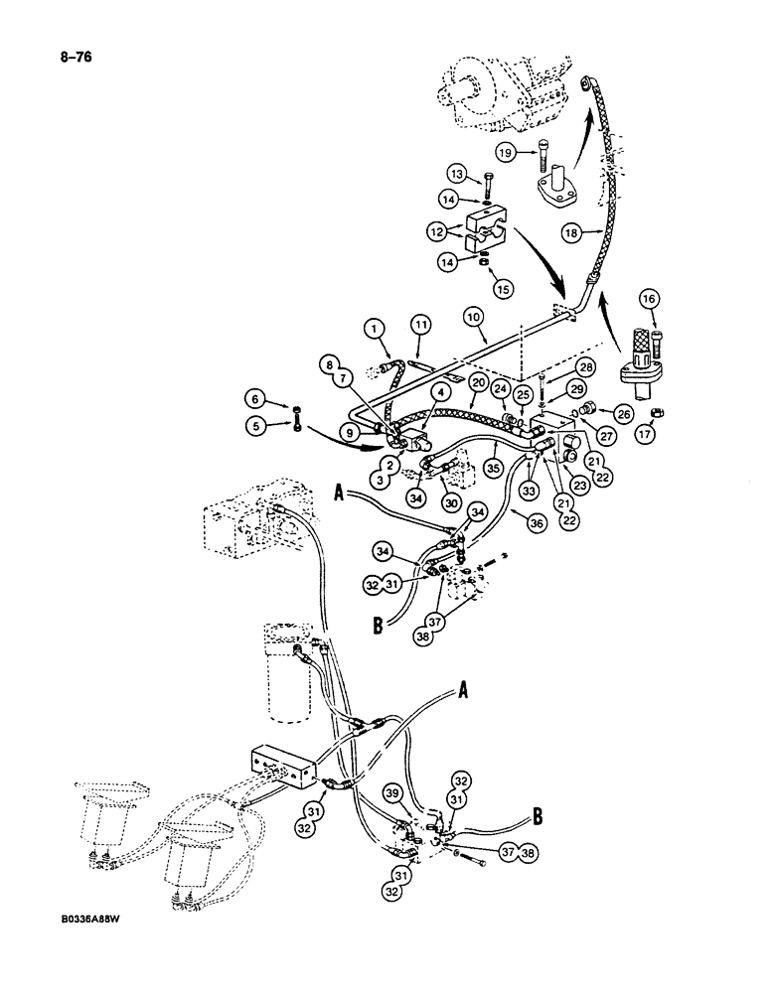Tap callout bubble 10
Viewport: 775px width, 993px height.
(474, 317)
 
